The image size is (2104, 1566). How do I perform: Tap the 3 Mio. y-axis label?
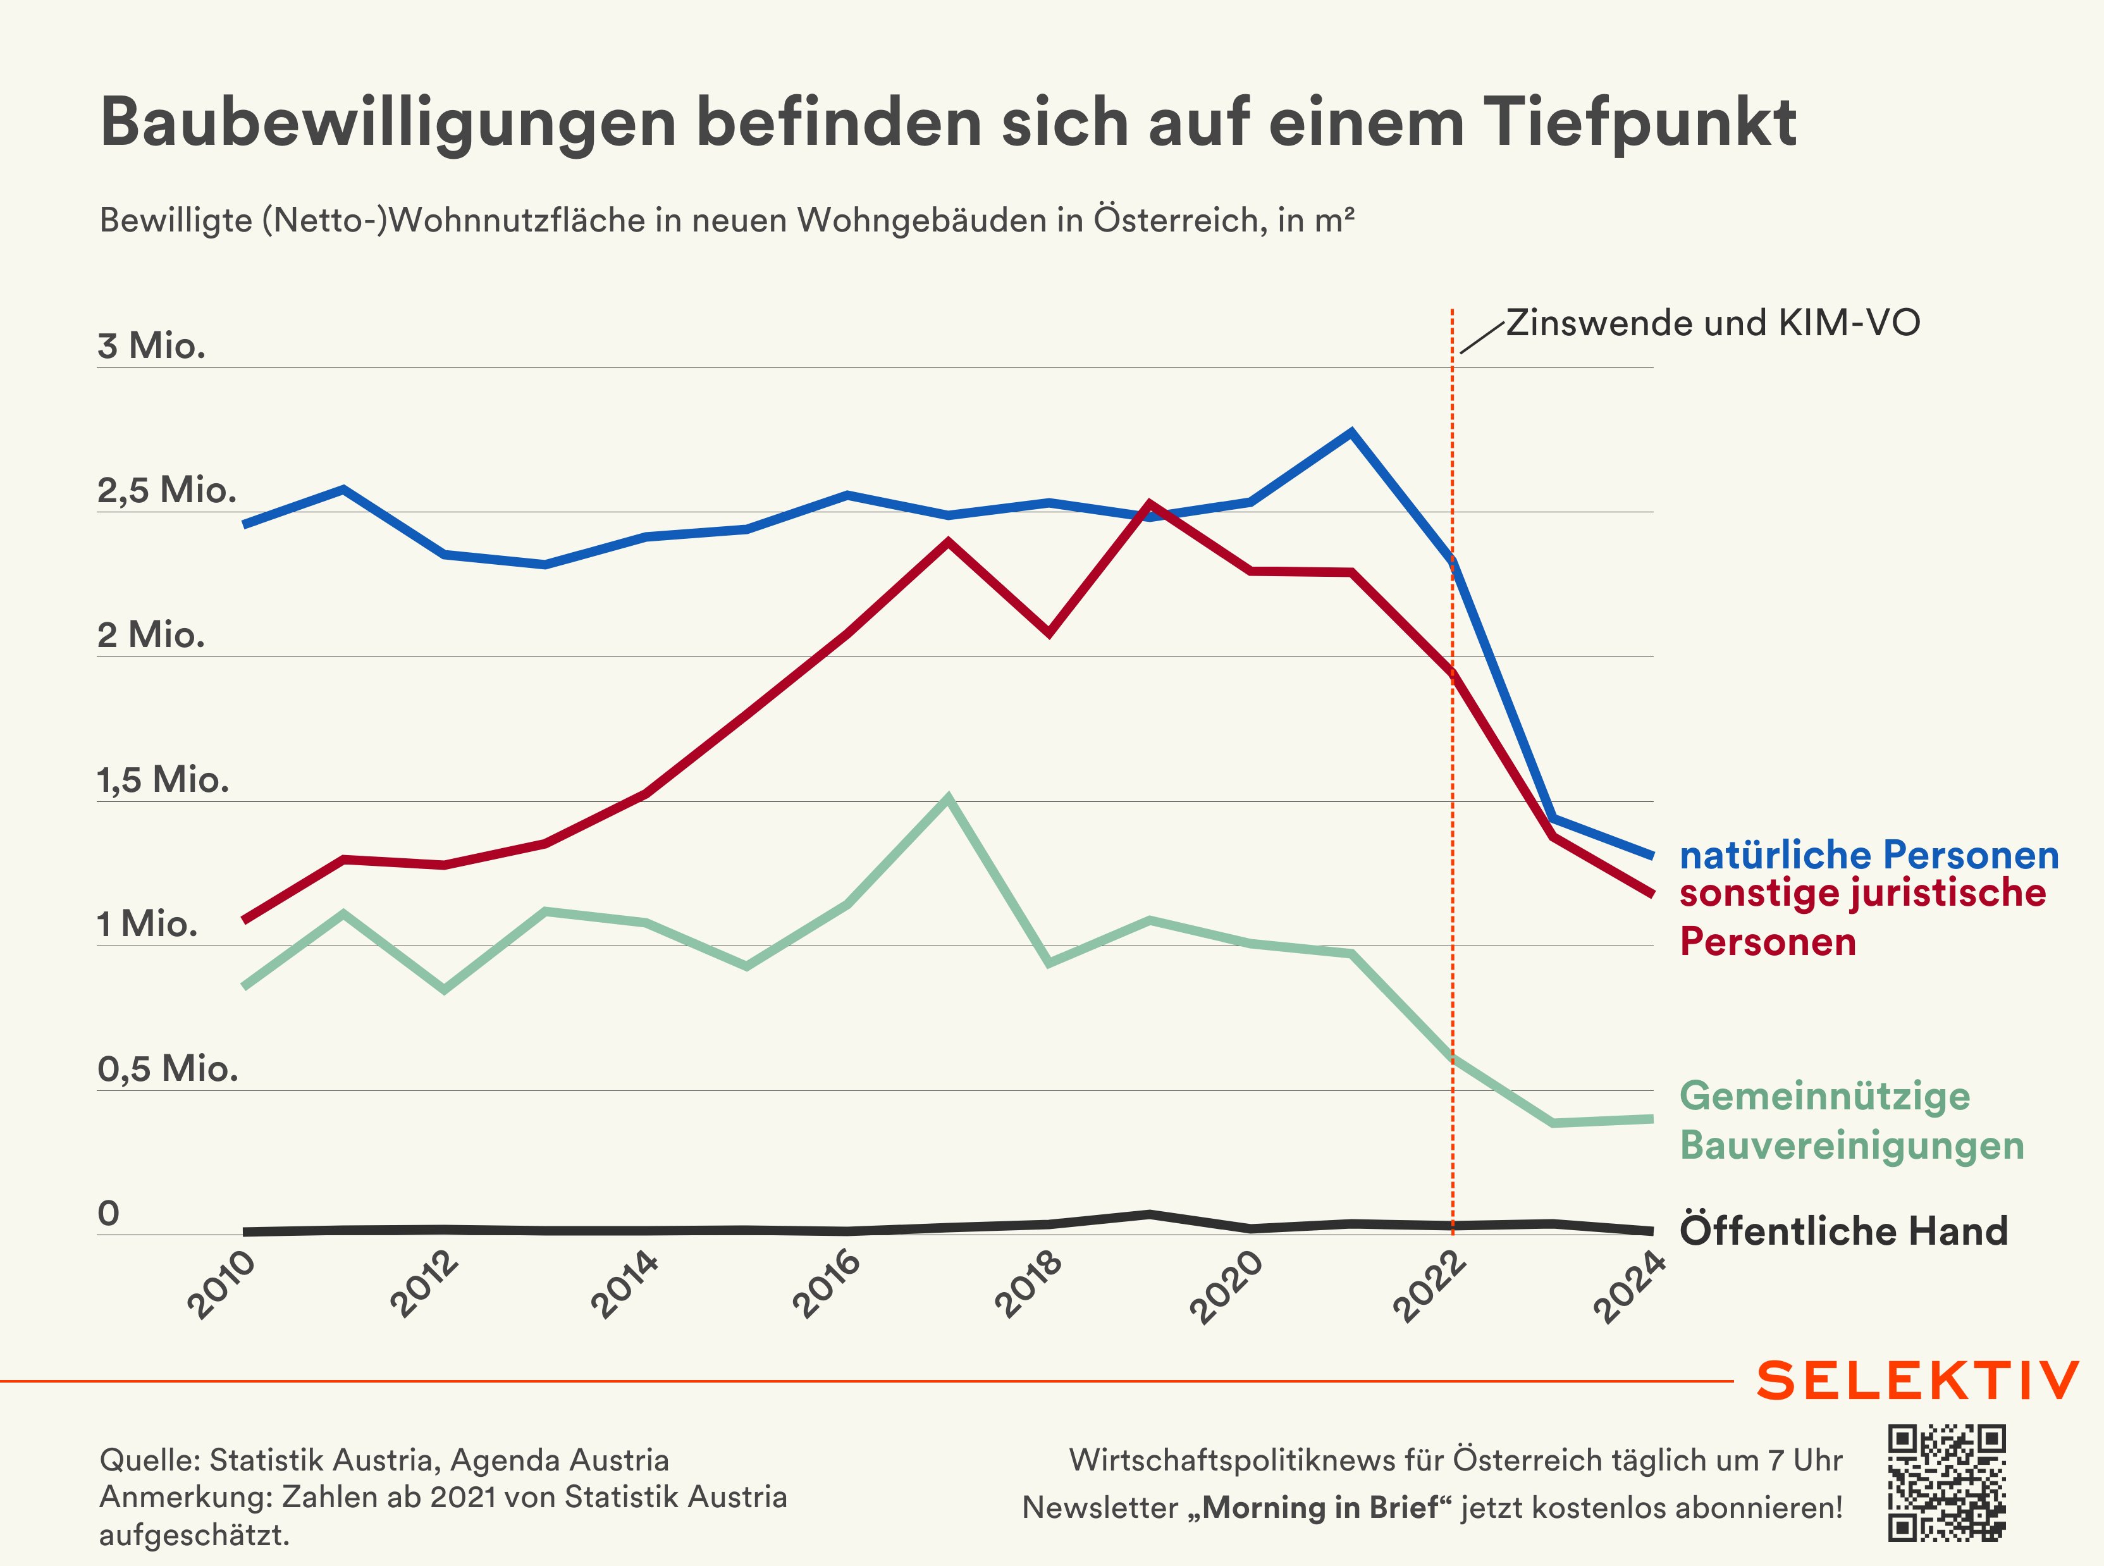click(152, 346)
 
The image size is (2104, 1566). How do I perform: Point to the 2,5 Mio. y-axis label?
click(167, 490)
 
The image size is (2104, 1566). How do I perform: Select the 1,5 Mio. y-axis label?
click(163, 780)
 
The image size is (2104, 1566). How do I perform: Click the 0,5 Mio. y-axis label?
click(168, 1070)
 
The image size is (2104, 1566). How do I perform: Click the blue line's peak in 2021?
click(1351, 433)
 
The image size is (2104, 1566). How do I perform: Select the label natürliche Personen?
click(1869, 855)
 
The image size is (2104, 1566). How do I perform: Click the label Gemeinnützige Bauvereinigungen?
click(1852, 1121)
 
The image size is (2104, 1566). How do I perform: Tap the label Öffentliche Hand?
click(1843, 1230)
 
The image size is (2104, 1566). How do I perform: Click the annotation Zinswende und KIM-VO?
click(1713, 323)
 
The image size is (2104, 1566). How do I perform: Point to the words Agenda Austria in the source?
click(559, 1460)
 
